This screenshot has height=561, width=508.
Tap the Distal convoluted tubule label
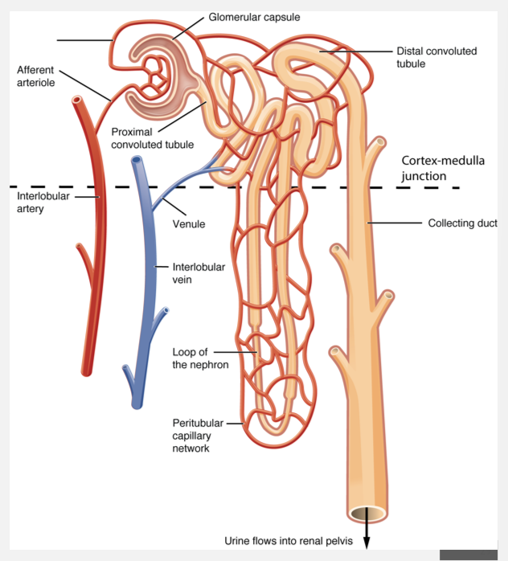(x=436, y=57)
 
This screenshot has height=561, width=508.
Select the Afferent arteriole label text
(x=35, y=76)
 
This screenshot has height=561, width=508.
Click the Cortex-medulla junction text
(x=443, y=168)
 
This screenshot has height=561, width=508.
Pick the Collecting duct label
(x=462, y=223)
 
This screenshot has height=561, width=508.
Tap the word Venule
(x=189, y=224)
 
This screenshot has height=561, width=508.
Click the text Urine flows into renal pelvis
(x=289, y=541)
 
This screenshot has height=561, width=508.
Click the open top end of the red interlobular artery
(x=77, y=101)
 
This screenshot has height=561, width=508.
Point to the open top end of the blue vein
(x=137, y=161)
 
